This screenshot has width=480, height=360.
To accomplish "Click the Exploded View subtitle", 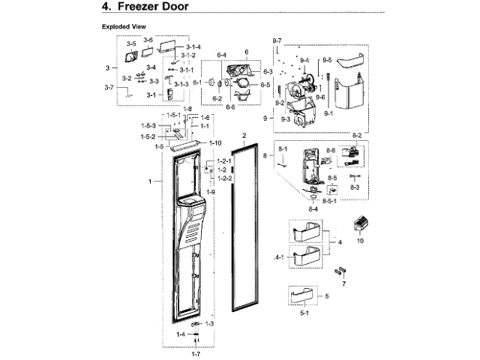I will point(124,26).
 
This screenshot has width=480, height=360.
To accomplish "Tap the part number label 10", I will point(359,241).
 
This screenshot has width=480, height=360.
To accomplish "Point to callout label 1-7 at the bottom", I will point(196,352).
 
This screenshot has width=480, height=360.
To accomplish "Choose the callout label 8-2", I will point(356,135).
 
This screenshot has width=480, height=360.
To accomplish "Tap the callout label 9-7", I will point(277,39).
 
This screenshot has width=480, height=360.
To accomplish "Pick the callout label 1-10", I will point(214,142).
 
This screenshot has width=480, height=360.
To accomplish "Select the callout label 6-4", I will point(221,55).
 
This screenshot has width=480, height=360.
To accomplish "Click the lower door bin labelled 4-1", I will point(309,259).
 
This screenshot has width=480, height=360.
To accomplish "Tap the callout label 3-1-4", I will point(194,47).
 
